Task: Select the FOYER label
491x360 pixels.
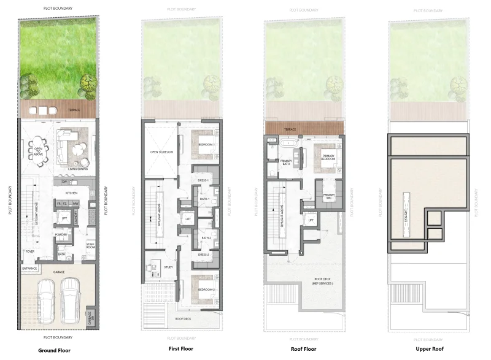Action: pos(29,251)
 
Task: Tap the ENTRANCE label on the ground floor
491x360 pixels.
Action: pos(30,268)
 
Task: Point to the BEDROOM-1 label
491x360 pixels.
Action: pos(206,144)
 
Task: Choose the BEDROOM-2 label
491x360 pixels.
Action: pos(206,289)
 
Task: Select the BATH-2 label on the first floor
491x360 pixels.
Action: pos(205,238)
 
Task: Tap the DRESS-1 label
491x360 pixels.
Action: pos(204,180)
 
